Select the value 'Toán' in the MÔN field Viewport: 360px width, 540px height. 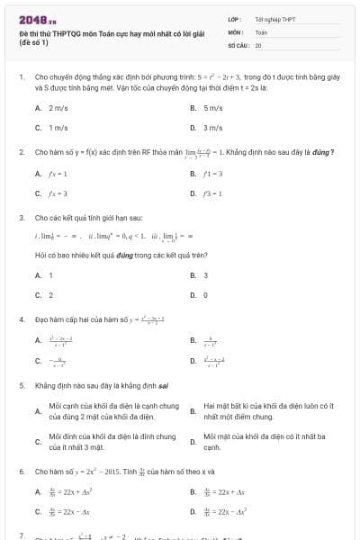pyautogui.click(x=261, y=31)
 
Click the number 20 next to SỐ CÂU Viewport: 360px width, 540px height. pyautogui.click(x=258, y=44)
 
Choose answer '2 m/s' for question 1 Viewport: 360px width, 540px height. pyautogui.click(x=58, y=107)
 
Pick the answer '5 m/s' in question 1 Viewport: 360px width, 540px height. pyautogui.click(x=212, y=107)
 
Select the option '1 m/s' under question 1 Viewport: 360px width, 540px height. pyautogui.click(x=58, y=128)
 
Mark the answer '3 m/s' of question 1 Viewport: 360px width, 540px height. pyautogui.click(x=212, y=128)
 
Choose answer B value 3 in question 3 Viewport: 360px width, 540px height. pyautogui.click(x=205, y=274)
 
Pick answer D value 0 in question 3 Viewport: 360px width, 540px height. pyautogui.click(x=205, y=294)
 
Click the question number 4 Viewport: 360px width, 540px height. pyautogui.click(x=22, y=319)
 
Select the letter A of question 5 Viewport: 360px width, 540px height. pyautogui.click(x=37, y=410)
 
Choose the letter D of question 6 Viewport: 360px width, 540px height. pyautogui.click(x=193, y=511)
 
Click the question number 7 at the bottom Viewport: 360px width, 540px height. pyautogui.click(x=22, y=535)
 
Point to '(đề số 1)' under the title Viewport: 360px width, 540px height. pyautogui.click(x=32, y=42)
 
